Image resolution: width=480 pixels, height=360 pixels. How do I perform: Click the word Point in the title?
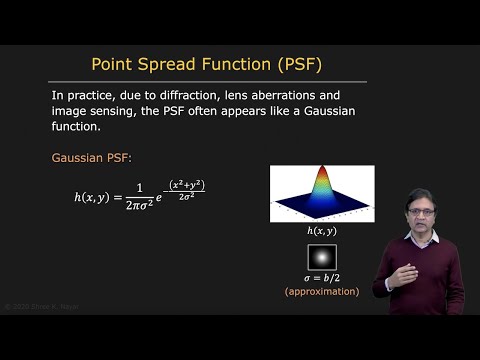tap(115, 65)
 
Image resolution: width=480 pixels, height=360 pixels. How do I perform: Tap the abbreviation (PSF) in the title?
tap(300, 65)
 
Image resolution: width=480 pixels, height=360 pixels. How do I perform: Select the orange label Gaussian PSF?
tap(100, 158)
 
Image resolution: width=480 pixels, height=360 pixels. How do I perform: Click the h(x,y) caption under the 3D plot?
tap(322, 231)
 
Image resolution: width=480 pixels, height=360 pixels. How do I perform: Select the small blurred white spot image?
tap(322, 257)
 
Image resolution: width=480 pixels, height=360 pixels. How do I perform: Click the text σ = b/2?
tap(322, 277)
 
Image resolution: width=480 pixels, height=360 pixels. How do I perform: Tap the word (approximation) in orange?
tap(322, 291)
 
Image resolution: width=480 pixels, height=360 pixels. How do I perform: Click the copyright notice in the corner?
tap(39, 306)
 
